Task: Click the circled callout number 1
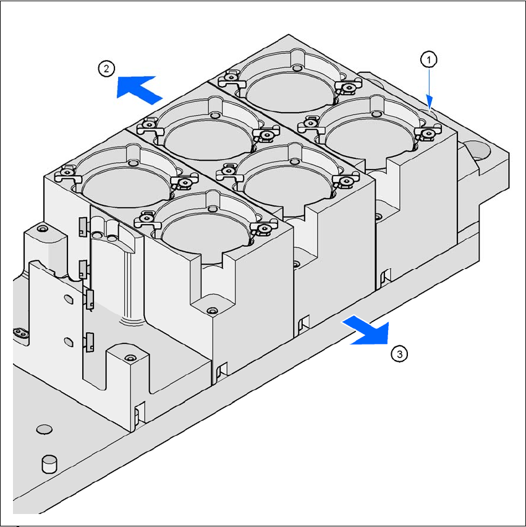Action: point(428,60)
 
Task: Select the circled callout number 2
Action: point(106,69)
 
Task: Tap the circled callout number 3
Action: point(399,354)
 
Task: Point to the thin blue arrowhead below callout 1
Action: point(429,102)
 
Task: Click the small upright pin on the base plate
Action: point(49,464)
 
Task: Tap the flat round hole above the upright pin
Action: point(44,429)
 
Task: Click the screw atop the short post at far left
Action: point(42,229)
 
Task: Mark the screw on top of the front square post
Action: point(130,358)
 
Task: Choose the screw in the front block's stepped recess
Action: point(211,311)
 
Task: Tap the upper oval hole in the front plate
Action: point(69,299)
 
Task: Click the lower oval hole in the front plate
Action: point(69,342)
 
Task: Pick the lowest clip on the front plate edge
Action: point(90,342)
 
